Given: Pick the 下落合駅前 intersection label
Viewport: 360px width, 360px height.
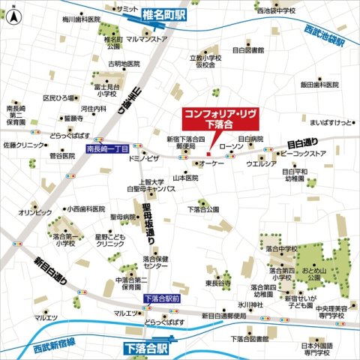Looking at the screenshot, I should coord(162,298).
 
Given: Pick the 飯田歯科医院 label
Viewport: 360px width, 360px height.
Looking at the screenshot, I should coord(322,85).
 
